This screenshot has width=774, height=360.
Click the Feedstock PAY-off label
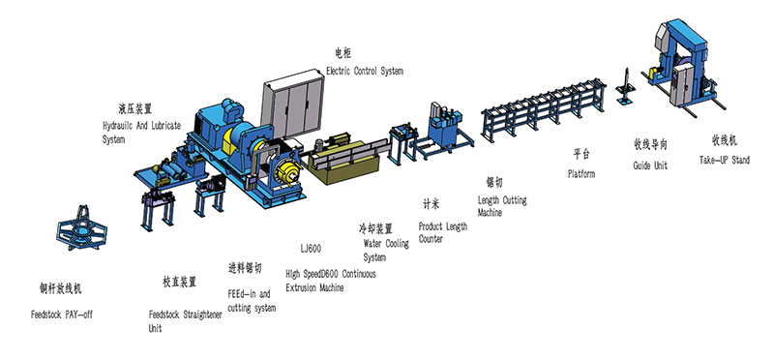click(62, 315)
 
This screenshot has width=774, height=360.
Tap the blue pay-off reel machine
click(81, 227)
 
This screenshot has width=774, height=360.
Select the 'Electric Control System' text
click(365, 71)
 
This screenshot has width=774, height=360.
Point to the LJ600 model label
click(311, 249)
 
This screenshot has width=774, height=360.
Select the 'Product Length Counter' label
click(443, 232)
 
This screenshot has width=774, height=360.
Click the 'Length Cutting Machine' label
click(502, 206)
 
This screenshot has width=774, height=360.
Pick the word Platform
click(581, 174)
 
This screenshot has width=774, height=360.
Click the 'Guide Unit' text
click(650, 165)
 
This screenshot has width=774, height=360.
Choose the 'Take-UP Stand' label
click(724, 160)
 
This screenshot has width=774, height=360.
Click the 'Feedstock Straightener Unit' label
click(185, 321)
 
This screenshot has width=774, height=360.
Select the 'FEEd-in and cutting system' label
click(252, 301)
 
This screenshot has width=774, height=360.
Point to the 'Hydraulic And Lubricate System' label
click(141, 133)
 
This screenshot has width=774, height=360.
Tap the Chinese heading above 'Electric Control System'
click(343, 52)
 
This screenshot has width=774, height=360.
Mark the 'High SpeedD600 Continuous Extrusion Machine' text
click(331, 281)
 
